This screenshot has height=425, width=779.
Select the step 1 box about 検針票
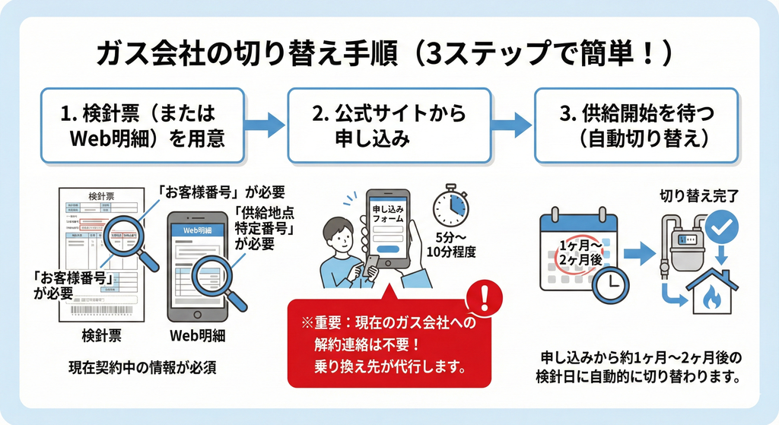tap(143, 125)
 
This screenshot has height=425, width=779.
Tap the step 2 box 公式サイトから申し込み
tap(389, 125)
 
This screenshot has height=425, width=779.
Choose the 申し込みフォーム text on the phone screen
tap(388, 214)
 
